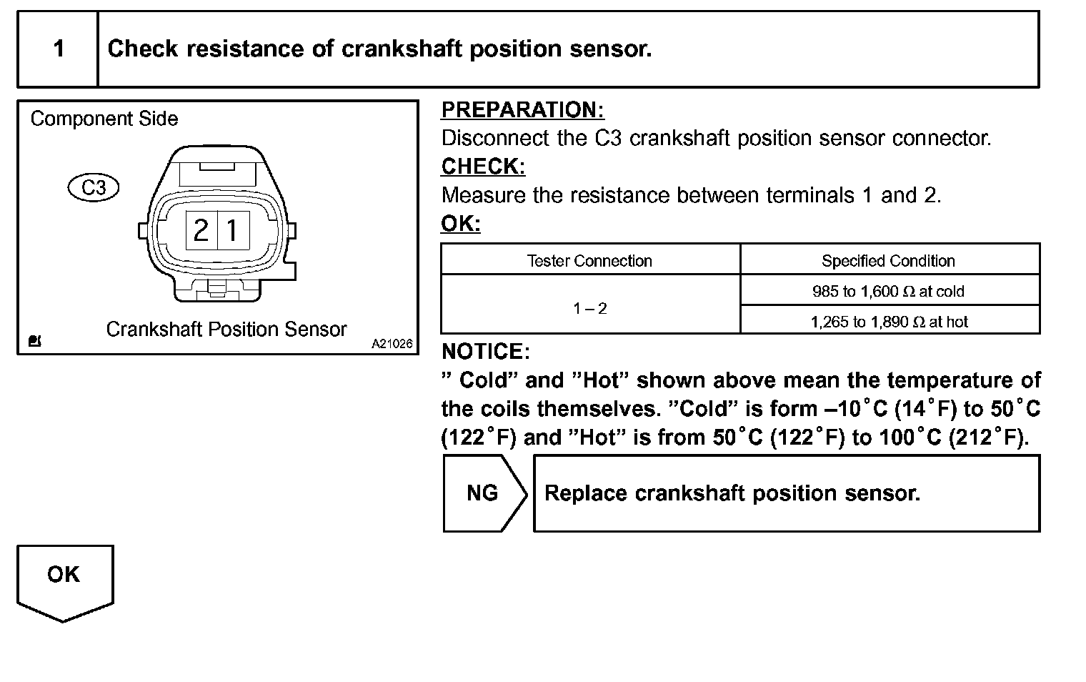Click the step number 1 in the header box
[59, 49]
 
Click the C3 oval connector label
[93, 187]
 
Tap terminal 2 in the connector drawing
[201, 230]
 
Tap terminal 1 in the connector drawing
[232, 230]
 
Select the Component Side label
[104, 119]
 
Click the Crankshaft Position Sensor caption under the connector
[226, 330]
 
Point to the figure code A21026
[392, 344]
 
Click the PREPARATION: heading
[522, 109]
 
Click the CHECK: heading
[483, 167]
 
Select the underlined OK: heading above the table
[461, 224]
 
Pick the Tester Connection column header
[589, 261]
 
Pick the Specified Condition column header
[888, 261]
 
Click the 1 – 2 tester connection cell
[589, 308]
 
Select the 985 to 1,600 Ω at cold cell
[888, 292]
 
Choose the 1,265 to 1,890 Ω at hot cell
[888, 322]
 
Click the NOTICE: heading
[486, 352]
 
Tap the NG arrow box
[483, 493]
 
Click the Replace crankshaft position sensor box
[786, 493]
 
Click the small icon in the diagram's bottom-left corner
[34, 341]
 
